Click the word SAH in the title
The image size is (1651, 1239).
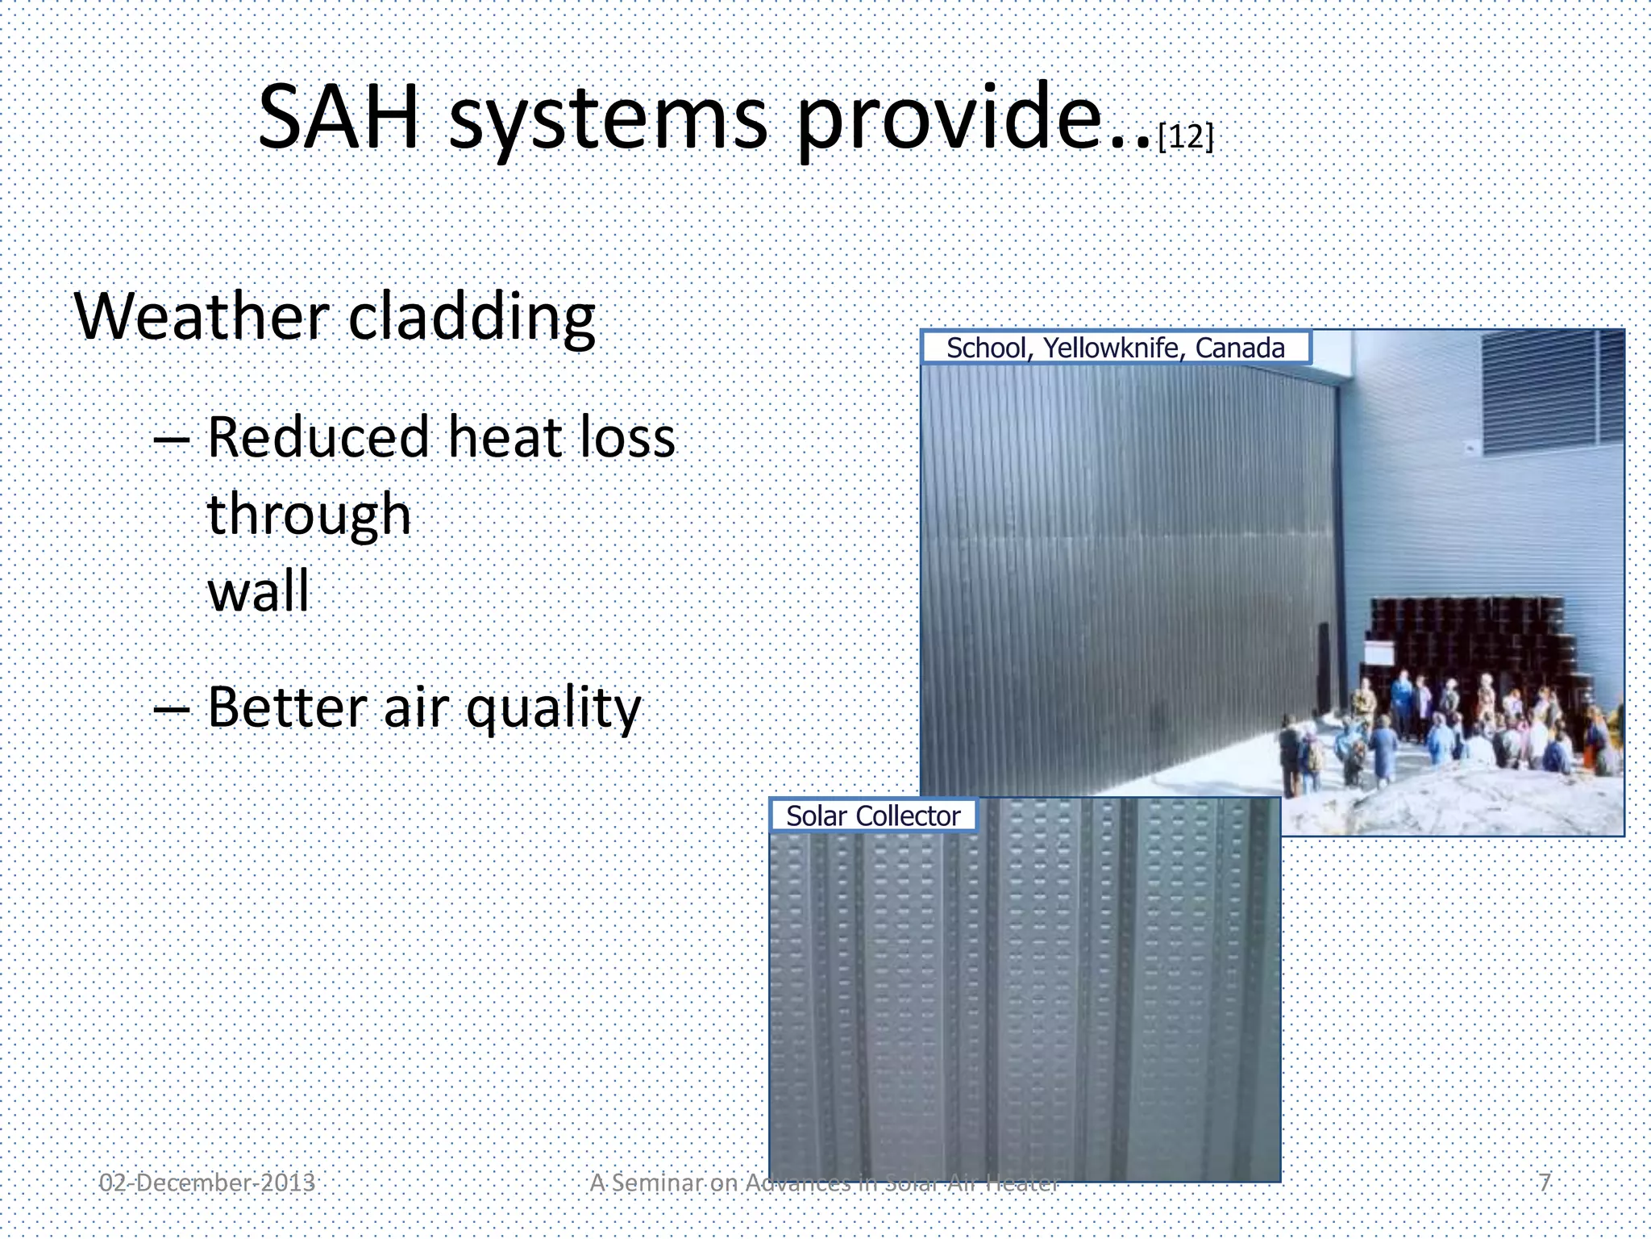click(x=339, y=119)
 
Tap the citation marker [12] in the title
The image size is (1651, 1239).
click(x=1185, y=136)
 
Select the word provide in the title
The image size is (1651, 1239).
click(x=948, y=121)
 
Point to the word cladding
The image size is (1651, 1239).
click(x=472, y=319)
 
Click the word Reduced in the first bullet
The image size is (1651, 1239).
click(x=318, y=437)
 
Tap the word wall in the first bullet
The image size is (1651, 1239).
click(x=258, y=591)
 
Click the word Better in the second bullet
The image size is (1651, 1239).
click(x=287, y=707)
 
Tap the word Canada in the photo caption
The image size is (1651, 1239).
click(x=1240, y=348)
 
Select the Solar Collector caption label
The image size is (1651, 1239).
click(x=873, y=816)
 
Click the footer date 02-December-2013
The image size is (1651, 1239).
click(x=207, y=1183)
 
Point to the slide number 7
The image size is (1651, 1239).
click(x=1544, y=1183)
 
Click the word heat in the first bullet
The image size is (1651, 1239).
click(x=493, y=437)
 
